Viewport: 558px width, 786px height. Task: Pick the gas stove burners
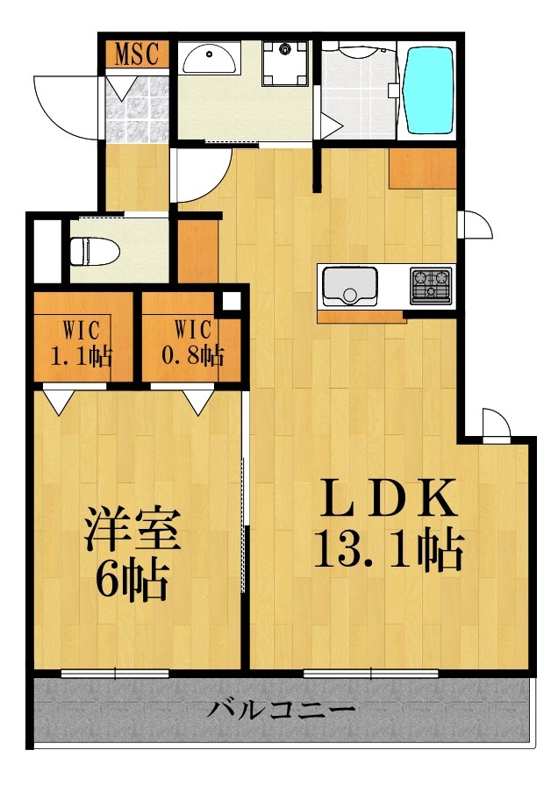click(x=430, y=284)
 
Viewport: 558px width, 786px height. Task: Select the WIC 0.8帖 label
click(x=193, y=344)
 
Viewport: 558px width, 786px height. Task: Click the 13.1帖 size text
click(x=388, y=550)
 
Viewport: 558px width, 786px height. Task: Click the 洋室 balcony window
click(x=115, y=674)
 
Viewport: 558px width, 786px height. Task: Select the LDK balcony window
click(x=370, y=674)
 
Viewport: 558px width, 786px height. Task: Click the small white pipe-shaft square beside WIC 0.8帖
click(x=231, y=301)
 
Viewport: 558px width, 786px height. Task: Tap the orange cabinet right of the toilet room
click(x=197, y=250)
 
